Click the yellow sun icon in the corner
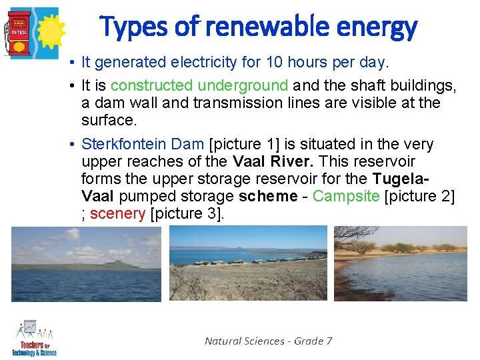click(x=48, y=30)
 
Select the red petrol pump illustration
click(x=19, y=32)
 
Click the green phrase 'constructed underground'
click(x=199, y=86)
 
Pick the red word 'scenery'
click(x=117, y=213)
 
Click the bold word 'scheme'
click(x=267, y=196)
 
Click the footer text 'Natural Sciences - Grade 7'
click(x=269, y=341)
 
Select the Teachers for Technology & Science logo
click(x=33, y=339)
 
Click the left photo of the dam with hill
click(x=86, y=264)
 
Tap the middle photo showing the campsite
click(x=248, y=263)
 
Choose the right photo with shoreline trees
click(x=400, y=263)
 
